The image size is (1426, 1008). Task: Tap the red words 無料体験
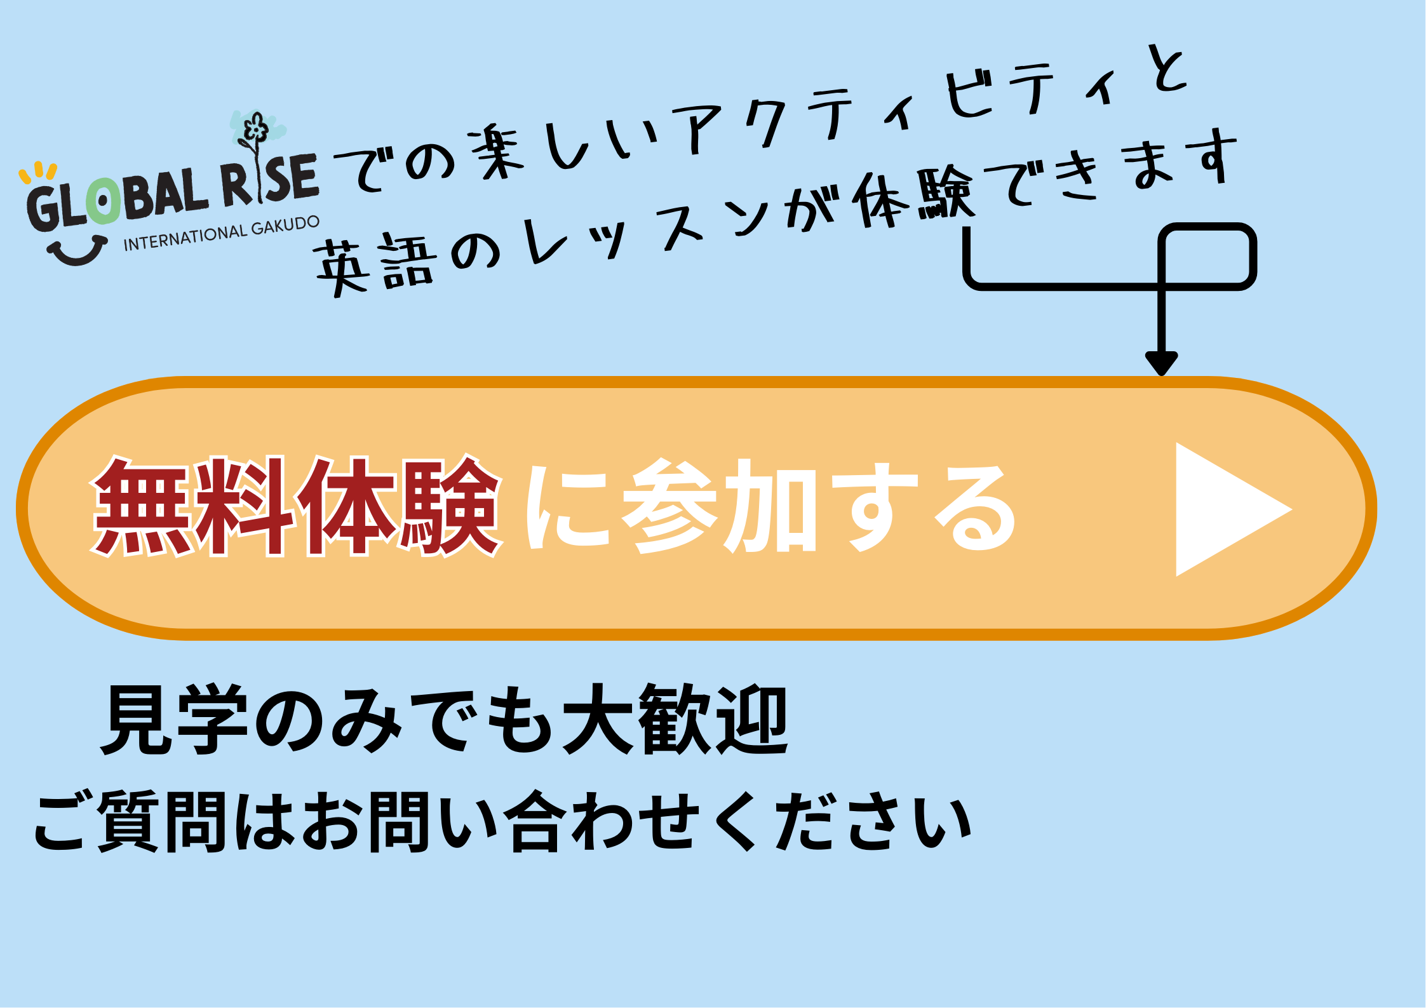tap(296, 506)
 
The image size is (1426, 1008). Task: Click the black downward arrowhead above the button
tap(1162, 363)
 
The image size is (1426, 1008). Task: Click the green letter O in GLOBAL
tap(102, 202)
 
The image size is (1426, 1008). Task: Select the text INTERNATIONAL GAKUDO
tap(221, 234)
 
